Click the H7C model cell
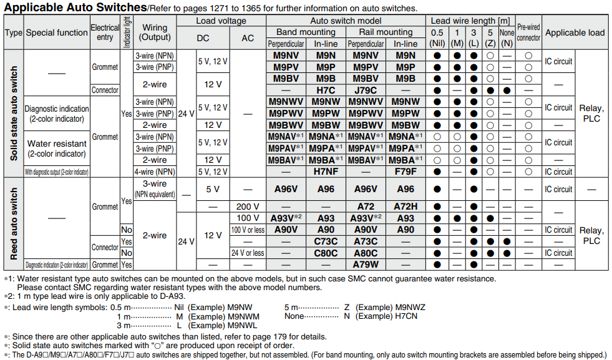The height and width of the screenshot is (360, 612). (326, 90)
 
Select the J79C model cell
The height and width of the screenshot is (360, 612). (366, 90)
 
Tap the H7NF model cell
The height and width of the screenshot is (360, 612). (326, 172)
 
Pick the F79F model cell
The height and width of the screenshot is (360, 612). (406, 172)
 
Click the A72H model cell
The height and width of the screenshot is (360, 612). (406, 207)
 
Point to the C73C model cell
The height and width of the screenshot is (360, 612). (326, 241)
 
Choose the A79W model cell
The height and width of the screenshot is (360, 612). (366, 265)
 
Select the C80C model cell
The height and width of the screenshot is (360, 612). (326, 253)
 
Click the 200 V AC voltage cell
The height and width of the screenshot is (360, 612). (248, 207)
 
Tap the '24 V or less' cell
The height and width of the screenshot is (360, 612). (248, 253)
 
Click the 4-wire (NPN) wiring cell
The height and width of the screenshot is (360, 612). (155, 172)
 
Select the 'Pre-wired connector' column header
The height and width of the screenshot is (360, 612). (528, 32)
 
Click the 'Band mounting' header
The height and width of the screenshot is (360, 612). (306, 32)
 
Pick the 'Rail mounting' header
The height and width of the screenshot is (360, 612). (386, 32)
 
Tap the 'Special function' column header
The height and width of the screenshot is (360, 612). (57, 32)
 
